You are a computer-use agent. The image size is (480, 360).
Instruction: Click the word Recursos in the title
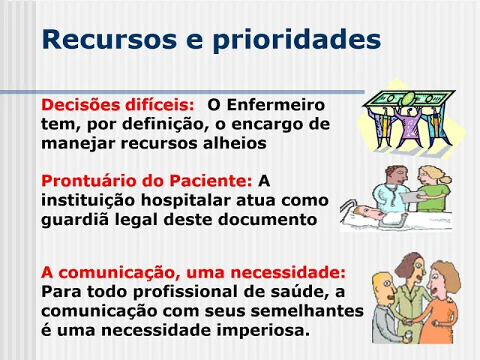pos(109,39)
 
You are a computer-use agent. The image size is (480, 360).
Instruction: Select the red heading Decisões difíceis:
pos(118,105)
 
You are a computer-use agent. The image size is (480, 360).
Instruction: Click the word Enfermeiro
pos(275,105)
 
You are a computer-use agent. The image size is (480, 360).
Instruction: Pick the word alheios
pos(235,143)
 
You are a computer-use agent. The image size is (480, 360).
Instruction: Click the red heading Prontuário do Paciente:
pos(147,181)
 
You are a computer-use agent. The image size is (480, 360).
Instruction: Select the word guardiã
pos(75,220)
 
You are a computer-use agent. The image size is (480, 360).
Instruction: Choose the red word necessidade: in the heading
pos(288,272)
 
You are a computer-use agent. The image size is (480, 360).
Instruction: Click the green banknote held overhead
pos(409,98)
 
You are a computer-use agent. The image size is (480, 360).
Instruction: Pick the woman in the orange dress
pos(442,303)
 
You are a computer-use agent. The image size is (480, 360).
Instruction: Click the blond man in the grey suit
pos(385,309)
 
